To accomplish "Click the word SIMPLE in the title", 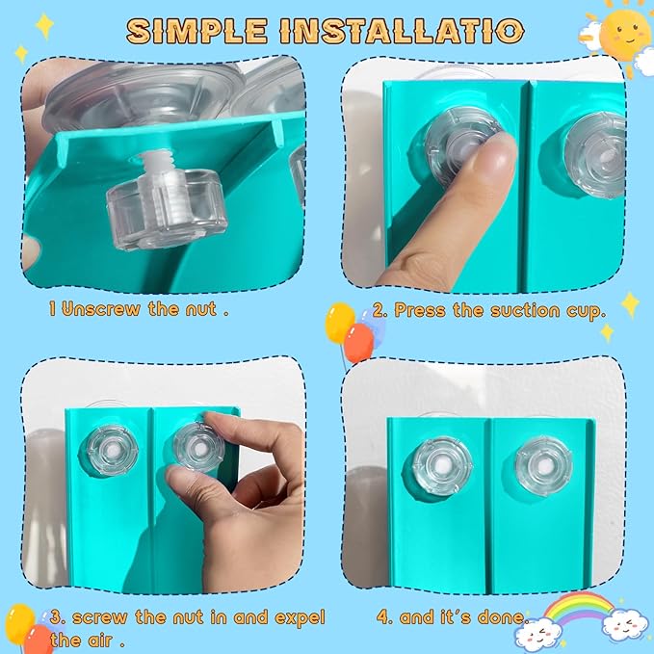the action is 196,31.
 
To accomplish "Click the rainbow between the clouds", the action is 579,608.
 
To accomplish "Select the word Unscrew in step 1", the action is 101,309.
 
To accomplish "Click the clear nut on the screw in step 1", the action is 167,210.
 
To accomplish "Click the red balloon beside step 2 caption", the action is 358,343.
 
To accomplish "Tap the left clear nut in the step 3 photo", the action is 113,451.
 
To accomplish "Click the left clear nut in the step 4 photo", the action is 442,465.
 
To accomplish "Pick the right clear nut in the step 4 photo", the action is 543,466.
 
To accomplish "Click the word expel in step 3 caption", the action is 299,617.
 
